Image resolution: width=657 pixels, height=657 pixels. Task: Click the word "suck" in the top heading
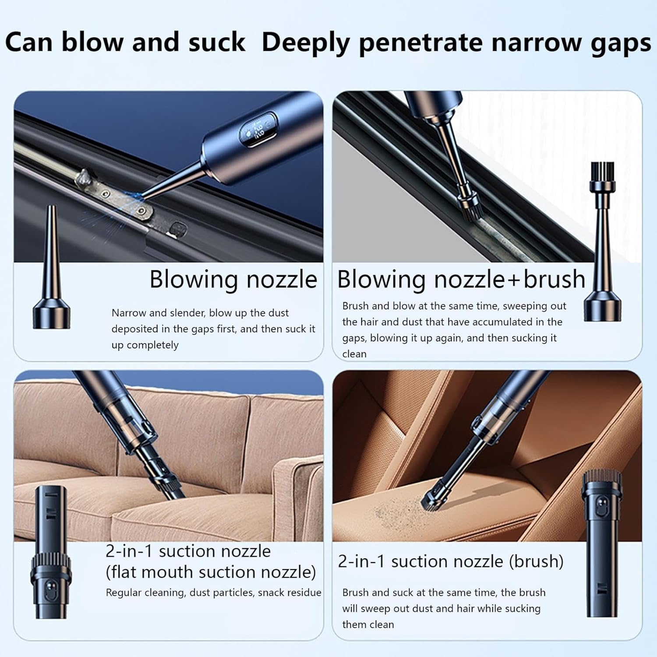click(x=216, y=42)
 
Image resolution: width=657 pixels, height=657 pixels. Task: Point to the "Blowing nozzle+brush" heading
click(x=461, y=279)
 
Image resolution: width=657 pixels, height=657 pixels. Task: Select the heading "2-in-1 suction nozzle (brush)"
click(x=450, y=561)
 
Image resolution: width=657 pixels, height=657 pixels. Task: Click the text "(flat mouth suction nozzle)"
click(x=211, y=572)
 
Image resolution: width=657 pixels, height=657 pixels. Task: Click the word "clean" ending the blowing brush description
click(x=354, y=354)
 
